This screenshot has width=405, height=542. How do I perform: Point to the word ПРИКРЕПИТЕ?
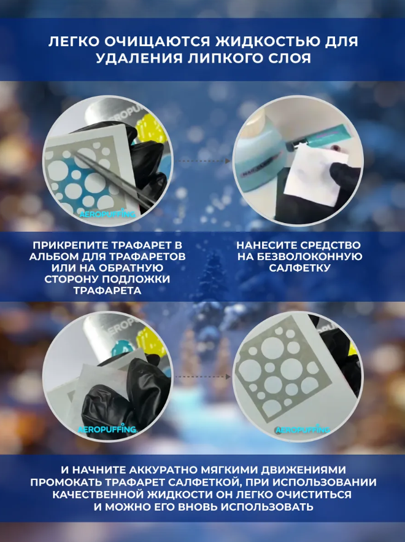(x=71, y=245)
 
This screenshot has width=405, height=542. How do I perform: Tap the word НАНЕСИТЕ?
(x=266, y=245)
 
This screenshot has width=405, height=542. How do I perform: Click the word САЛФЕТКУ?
(x=299, y=268)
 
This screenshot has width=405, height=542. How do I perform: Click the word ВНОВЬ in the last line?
(x=198, y=507)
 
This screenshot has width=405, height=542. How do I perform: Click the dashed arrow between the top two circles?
(x=202, y=161)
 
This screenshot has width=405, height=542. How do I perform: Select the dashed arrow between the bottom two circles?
(x=202, y=377)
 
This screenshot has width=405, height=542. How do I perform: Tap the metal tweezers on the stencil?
(x=114, y=178)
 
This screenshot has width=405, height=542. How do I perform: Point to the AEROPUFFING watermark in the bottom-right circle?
(x=303, y=430)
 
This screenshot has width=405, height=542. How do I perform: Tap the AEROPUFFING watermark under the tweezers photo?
(x=107, y=214)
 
